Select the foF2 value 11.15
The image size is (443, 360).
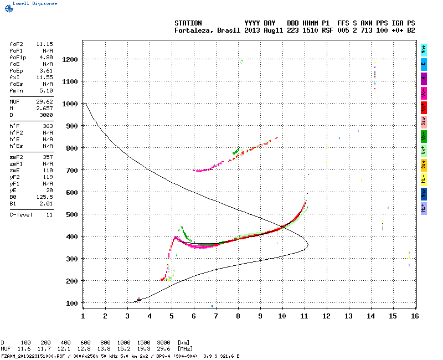pyautogui.click(x=44, y=43)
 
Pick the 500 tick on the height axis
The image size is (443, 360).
pyautogui.click(x=71, y=214)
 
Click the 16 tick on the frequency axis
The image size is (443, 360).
pyautogui.click(x=415, y=316)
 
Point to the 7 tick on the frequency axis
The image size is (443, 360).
pyautogui.click(x=216, y=316)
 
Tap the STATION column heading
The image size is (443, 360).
pyautogui.click(x=188, y=23)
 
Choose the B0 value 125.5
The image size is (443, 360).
pyautogui.click(x=44, y=197)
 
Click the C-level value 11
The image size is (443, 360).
pyautogui.click(x=49, y=214)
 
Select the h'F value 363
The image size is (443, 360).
pyautogui.click(x=47, y=126)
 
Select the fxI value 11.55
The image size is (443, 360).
pyautogui.click(x=44, y=78)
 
